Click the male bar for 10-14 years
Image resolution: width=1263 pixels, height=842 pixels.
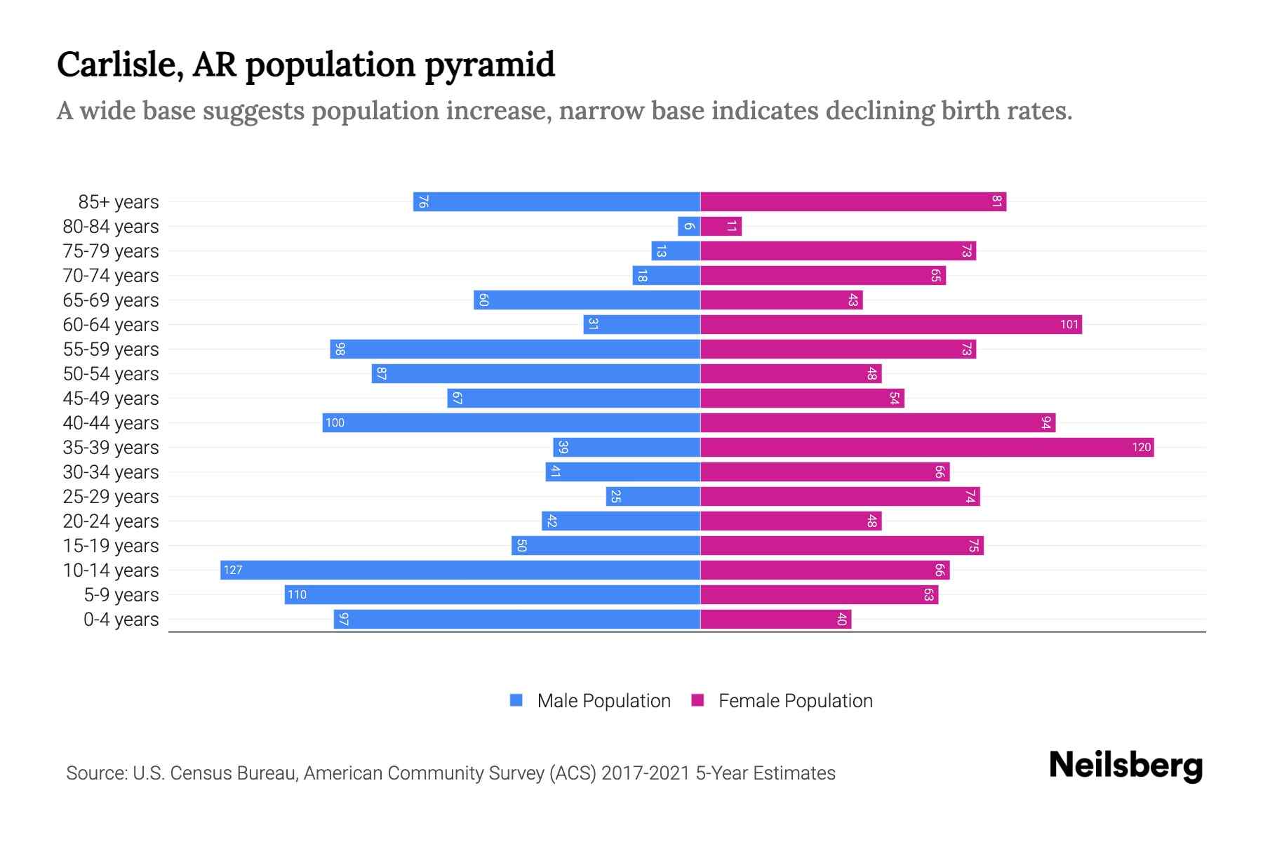[x=460, y=570]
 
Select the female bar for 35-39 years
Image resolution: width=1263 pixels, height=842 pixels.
[x=926, y=447]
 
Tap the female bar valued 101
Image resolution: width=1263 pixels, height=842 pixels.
[x=891, y=324]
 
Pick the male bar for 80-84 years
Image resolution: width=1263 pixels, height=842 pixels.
[x=689, y=226]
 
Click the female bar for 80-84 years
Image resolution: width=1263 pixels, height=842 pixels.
[x=721, y=226]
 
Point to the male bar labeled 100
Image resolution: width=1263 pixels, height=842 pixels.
[x=511, y=422]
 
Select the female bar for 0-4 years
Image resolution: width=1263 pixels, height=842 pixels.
[x=775, y=619]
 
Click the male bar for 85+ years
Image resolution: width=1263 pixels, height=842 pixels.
[x=556, y=201]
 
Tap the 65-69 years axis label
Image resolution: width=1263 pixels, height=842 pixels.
[x=111, y=300]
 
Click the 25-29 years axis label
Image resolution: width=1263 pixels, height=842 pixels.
[x=111, y=497]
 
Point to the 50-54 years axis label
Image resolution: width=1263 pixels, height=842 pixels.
[x=111, y=374]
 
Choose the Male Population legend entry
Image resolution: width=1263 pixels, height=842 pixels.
[x=590, y=700]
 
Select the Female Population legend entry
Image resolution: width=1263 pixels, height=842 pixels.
[x=782, y=700]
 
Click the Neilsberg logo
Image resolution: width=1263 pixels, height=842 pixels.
[x=1125, y=766]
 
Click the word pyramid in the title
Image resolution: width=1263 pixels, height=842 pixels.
[x=490, y=65]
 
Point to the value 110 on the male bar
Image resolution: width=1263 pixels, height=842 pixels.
[x=297, y=594]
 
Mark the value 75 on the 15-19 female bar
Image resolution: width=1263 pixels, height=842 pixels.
[x=973, y=545]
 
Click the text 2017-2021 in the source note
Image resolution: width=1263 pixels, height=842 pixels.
[x=646, y=773]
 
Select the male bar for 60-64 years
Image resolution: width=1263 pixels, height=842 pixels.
[x=641, y=324]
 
